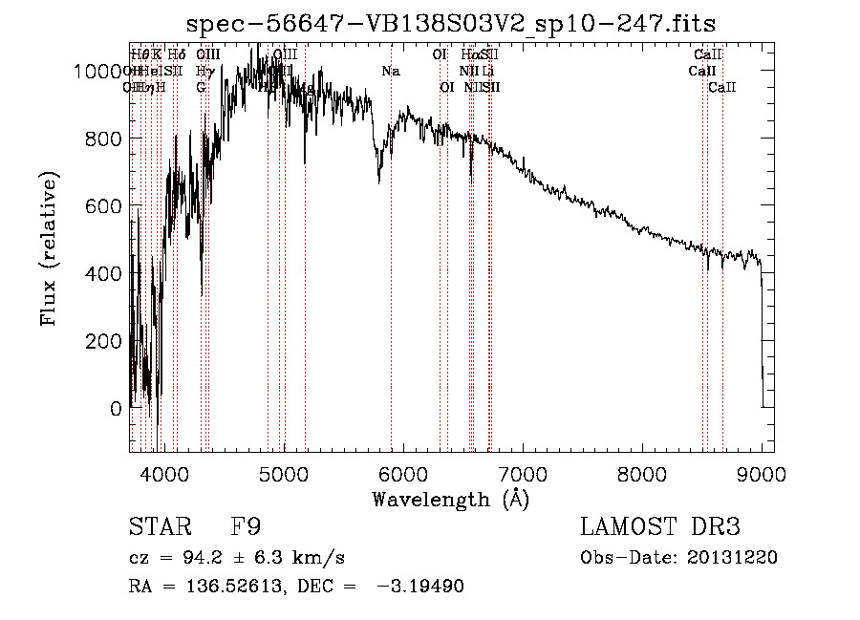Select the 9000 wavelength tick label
pyautogui.click(x=762, y=474)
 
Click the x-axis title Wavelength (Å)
pyautogui.click(x=450, y=499)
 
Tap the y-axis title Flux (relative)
pyautogui.click(x=50, y=248)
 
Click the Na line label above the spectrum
pyautogui.click(x=390, y=72)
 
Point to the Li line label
pyautogui.click(x=487, y=72)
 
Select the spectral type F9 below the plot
pyautogui.click(x=246, y=527)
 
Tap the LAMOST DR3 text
pyautogui.click(x=660, y=527)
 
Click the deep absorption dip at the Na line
pyautogui.click(x=379, y=178)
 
